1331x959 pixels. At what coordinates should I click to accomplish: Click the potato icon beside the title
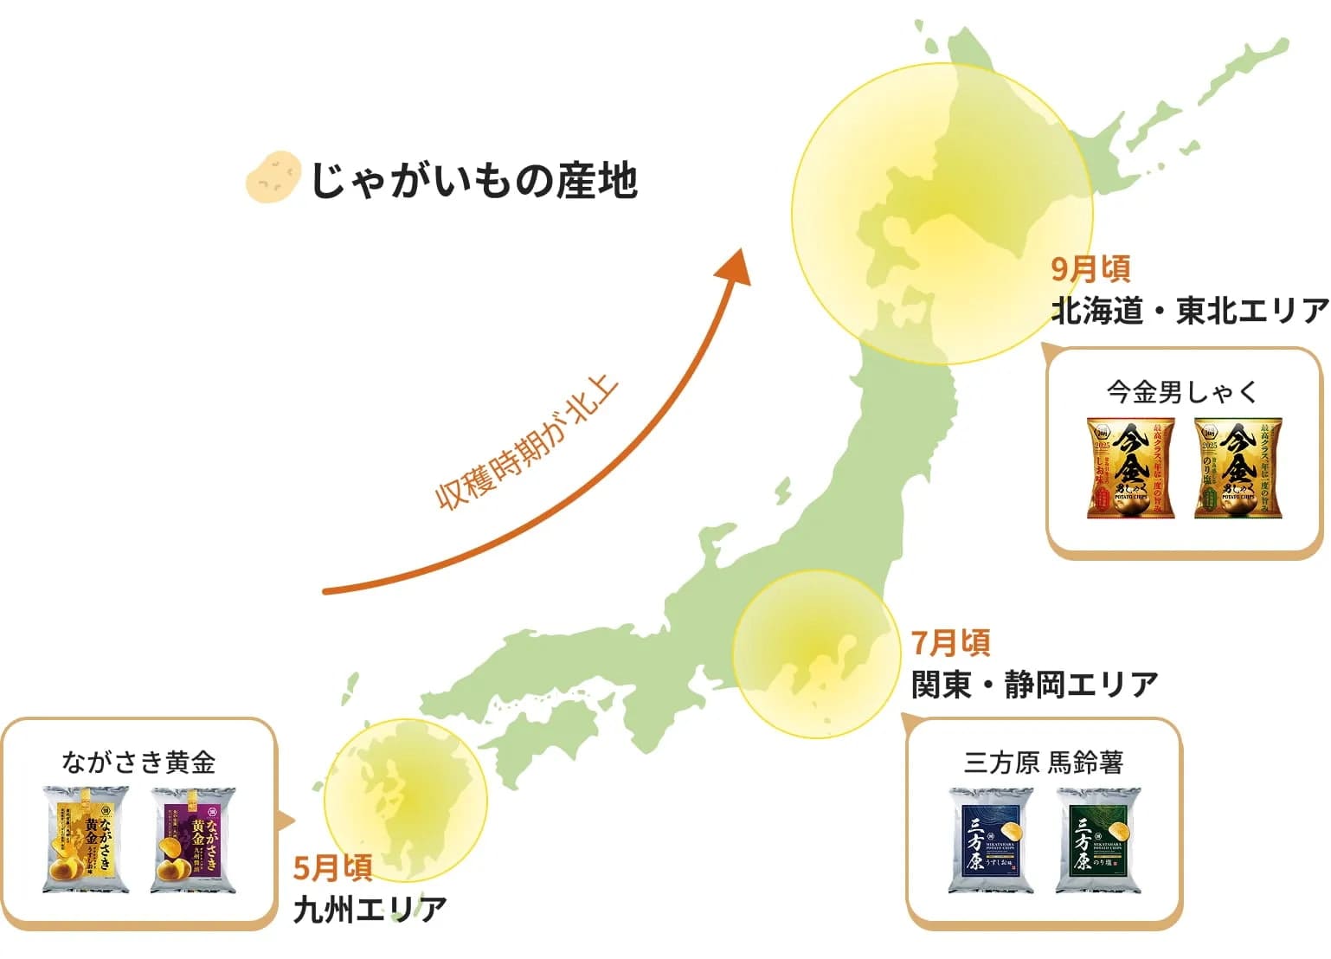[273, 177]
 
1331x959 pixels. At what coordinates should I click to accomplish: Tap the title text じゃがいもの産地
[473, 180]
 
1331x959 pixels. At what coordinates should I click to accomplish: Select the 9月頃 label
[1090, 269]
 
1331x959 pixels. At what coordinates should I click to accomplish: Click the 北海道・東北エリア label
[1189, 311]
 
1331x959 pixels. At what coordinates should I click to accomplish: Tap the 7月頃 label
[950, 643]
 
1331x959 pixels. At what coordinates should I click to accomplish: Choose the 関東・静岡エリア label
[1034, 685]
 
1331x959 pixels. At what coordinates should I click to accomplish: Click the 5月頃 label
[332, 867]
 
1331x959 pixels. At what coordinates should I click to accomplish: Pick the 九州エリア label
[370, 910]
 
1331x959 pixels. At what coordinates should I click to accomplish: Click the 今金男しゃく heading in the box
[1182, 392]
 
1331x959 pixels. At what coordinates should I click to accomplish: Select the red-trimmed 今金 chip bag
[1131, 468]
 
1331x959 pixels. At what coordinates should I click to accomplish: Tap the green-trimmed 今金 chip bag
[1238, 468]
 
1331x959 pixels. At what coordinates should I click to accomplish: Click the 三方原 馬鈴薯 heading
[1044, 763]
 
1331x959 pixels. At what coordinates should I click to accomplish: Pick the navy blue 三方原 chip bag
[991, 840]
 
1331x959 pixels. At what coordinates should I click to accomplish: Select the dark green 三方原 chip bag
[1098, 840]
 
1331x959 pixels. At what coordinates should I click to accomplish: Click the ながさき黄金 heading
[138, 763]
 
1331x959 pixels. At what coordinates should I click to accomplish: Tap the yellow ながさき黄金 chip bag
[86, 839]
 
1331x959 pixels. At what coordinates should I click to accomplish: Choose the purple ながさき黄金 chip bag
[193, 839]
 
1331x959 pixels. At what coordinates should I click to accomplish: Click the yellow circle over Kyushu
[405, 801]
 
